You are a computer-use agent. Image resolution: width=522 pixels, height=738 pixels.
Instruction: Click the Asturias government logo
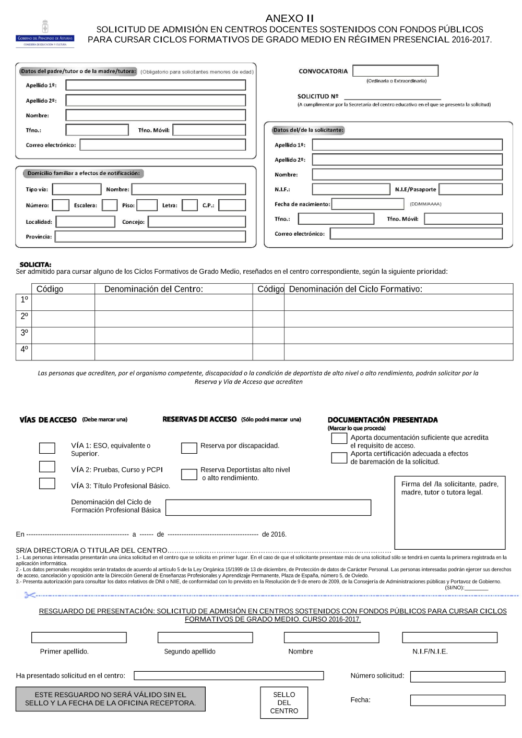click(45, 34)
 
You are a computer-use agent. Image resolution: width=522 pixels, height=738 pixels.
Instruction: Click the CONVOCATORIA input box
click(395, 71)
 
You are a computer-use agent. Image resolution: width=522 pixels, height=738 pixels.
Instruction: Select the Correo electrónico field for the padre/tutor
click(162, 145)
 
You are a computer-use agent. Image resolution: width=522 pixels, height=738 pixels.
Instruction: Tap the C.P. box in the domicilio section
click(232, 205)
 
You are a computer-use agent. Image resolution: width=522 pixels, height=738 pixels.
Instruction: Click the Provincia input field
click(150, 237)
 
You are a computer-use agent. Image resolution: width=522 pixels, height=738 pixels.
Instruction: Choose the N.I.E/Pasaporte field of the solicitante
click(470, 189)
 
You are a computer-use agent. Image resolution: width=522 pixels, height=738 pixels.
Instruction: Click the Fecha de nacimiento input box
click(367, 204)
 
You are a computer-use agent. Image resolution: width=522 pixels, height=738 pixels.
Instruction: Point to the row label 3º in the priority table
click(24, 333)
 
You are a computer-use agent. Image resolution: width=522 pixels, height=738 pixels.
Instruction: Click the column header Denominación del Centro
click(153, 289)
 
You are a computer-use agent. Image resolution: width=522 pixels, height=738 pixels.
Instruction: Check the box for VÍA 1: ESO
click(47, 448)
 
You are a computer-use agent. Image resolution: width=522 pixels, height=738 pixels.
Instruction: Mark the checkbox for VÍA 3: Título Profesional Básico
click(47, 483)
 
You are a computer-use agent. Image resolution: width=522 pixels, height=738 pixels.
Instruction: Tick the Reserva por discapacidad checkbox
click(189, 448)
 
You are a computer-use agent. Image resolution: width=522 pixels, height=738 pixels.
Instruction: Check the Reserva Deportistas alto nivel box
click(189, 474)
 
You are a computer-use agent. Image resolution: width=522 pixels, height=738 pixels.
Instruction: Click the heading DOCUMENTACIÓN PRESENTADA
click(383, 420)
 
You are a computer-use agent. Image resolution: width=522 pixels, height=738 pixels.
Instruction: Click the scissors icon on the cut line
click(30, 595)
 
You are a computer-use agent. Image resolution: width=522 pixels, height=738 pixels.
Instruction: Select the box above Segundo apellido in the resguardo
click(205, 637)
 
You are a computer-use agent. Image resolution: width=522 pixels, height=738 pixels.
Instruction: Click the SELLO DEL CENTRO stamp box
click(284, 703)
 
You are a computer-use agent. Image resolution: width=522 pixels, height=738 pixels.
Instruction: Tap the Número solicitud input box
click(457, 676)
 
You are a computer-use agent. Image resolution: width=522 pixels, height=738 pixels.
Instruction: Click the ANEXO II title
click(289, 18)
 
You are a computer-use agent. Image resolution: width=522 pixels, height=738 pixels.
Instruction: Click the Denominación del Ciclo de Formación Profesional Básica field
click(268, 507)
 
